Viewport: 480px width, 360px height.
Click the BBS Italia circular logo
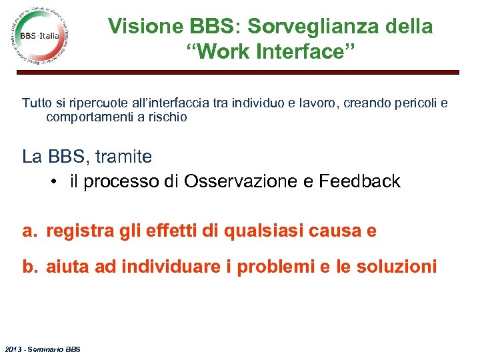[x=39, y=35]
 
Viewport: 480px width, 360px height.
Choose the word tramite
[x=123, y=157]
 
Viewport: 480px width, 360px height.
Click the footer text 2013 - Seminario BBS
[x=41, y=349]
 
